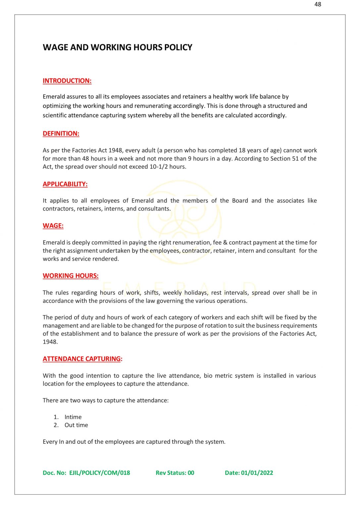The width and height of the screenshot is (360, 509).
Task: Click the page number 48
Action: click(318, 4)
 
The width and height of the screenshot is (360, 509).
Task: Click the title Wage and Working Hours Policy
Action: click(117, 47)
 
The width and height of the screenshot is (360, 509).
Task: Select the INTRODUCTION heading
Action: click(67, 81)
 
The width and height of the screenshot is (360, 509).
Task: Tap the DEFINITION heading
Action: click(61, 134)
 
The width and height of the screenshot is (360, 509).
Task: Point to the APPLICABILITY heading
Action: click(65, 184)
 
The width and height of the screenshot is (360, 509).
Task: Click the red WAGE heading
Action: click(53, 226)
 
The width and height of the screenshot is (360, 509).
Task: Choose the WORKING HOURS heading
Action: click(71, 276)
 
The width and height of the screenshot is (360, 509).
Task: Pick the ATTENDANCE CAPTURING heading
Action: click(82, 359)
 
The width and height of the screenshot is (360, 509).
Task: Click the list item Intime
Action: click(73, 417)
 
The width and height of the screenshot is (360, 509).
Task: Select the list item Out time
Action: click(76, 425)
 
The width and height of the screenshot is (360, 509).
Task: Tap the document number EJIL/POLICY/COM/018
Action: click(99, 473)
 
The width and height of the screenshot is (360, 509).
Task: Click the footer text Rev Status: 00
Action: click(175, 473)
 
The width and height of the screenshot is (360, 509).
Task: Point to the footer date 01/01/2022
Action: click(257, 473)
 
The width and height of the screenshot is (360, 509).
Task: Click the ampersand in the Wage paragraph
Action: click(225, 243)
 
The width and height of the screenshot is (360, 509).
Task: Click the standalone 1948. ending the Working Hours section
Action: click(50, 342)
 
